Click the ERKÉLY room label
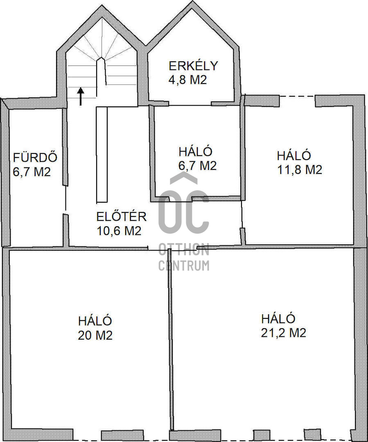(x=194, y=65)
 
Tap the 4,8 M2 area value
(x=188, y=79)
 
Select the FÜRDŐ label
(x=35, y=157)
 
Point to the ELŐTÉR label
(x=122, y=216)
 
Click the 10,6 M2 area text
(x=119, y=230)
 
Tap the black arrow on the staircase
(x=81, y=96)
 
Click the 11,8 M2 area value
(x=300, y=170)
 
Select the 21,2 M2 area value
(x=283, y=333)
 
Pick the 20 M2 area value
(x=95, y=335)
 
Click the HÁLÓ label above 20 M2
(x=95, y=321)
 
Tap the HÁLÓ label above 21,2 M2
(x=278, y=318)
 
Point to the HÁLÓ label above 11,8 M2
(x=294, y=156)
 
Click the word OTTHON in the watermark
(x=184, y=250)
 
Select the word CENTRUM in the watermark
(x=184, y=265)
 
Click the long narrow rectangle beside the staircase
(x=102, y=154)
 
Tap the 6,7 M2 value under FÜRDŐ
(x=32, y=171)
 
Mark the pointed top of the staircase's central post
(x=101, y=58)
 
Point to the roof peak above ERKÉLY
(x=193, y=2)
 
